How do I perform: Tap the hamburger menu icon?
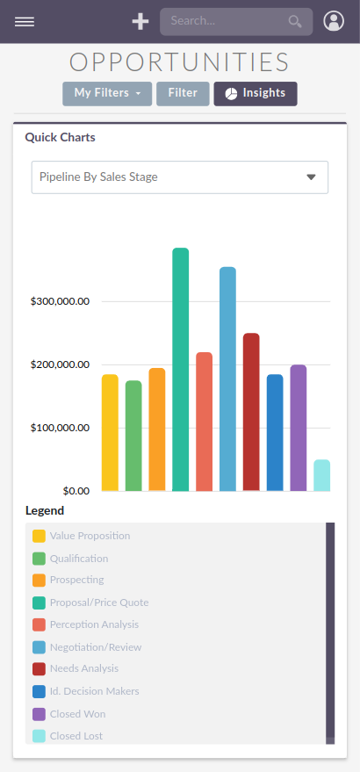pos(25,22)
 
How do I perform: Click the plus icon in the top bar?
pos(140,22)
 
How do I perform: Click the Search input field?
pos(227,22)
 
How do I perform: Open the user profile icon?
pos(334,22)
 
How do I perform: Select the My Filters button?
pos(107,93)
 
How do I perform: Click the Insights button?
pos(256,93)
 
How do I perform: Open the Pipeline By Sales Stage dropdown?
pos(180,177)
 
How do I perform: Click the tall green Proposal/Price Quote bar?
pos(181,369)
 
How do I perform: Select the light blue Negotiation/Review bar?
pos(227,379)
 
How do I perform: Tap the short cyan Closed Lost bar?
pos(321,475)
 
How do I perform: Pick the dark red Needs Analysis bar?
pos(251,412)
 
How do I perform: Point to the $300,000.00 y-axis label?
pos(60,301)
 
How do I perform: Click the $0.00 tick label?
pos(72,490)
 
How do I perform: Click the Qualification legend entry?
pos(79,559)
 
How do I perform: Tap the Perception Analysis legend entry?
pos(94,624)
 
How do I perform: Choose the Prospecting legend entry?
pos(76,580)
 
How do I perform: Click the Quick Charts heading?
pos(61,138)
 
